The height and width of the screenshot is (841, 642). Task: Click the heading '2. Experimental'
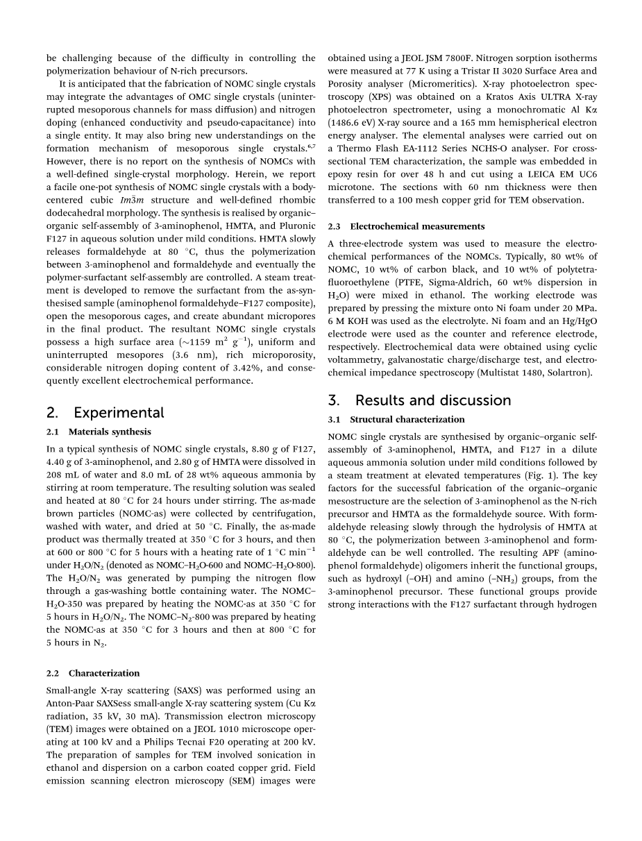pyautogui.click(x=105, y=413)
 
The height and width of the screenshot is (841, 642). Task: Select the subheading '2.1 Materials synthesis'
pyautogui.click(x=99, y=432)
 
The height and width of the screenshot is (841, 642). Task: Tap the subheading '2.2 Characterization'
pyautogui.click(x=93, y=673)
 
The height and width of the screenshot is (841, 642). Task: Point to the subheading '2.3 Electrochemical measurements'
pyautogui.click(x=406, y=226)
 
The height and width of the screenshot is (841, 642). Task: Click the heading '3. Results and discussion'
pyautogui.click(x=419, y=400)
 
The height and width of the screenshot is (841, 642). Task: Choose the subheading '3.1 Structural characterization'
pyautogui.click(x=396, y=419)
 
